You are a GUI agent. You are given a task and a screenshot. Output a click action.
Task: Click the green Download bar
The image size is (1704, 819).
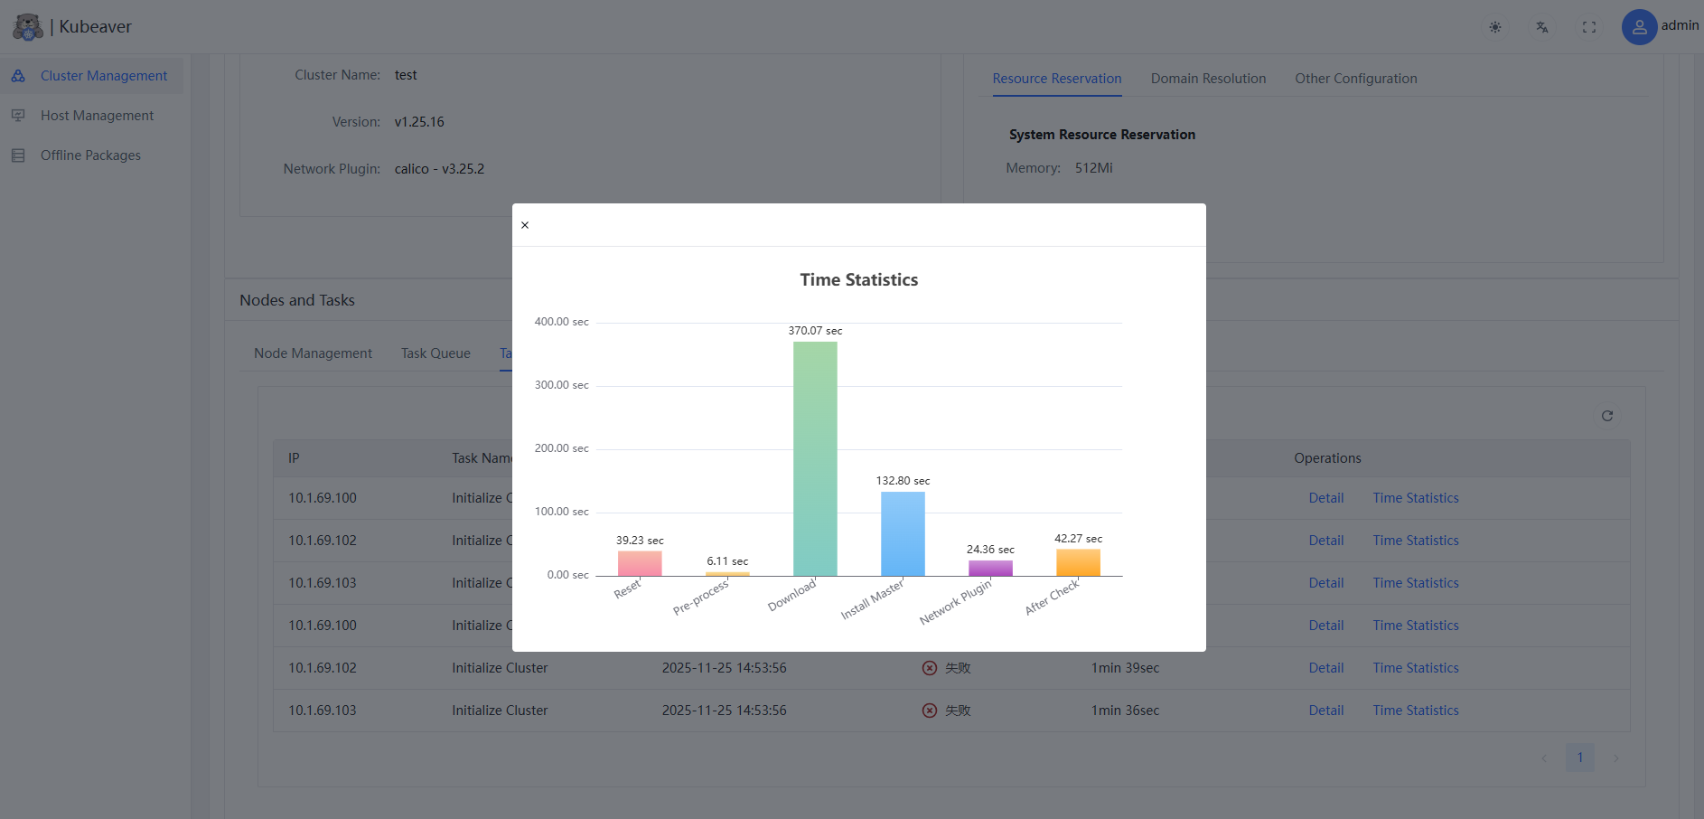pyautogui.click(x=815, y=458)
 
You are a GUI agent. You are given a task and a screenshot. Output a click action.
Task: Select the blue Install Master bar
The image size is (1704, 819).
pyautogui.click(x=903, y=533)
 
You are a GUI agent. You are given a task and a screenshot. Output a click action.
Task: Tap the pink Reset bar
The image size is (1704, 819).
pyautogui.click(x=640, y=563)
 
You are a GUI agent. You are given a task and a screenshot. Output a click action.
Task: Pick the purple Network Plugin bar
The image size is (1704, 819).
pyautogui.click(x=990, y=568)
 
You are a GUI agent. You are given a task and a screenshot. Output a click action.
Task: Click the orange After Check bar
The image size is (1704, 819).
pyautogui.click(x=1078, y=562)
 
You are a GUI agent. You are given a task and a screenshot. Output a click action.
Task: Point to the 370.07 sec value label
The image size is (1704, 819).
pyautogui.click(x=815, y=331)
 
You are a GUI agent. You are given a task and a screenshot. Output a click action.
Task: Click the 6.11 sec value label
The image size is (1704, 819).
pyautogui.click(x=727, y=561)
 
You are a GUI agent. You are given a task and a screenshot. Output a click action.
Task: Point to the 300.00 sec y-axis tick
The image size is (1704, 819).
pyautogui.click(x=561, y=385)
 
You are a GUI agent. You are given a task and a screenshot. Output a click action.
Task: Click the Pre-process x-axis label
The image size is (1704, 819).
pyautogui.click(x=701, y=598)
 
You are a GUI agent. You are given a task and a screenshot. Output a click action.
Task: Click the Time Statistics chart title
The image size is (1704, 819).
pyautogui.click(x=858, y=280)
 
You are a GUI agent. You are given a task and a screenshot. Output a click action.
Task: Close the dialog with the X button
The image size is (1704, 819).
pyautogui.click(x=525, y=225)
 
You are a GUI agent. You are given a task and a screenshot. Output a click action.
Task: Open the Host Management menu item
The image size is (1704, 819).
pyautogui.click(x=97, y=116)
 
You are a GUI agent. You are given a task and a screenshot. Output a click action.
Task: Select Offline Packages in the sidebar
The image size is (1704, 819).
pyautogui.click(x=90, y=155)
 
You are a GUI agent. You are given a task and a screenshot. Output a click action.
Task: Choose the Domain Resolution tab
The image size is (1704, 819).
pyautogui.click(x=1208, y=79)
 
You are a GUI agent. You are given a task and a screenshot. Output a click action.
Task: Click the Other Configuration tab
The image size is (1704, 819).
pyautogui.click(x=1355, y=79)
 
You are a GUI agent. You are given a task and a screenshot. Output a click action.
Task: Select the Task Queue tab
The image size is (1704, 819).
pyautogui.click(x=435, y=353)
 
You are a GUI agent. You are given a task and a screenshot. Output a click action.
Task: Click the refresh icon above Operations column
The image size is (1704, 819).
pyautogui.click(x=1607, y=416)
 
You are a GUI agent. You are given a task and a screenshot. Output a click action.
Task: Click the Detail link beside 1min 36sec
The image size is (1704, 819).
pyautogui.click(x=1325, y=711)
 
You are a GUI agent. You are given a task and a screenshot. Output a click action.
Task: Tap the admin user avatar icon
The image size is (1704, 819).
pyautogui.click(x=1639, y=27)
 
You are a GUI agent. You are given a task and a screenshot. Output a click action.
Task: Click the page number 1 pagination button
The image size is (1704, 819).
pyautogui.click(x=1580, y=758)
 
